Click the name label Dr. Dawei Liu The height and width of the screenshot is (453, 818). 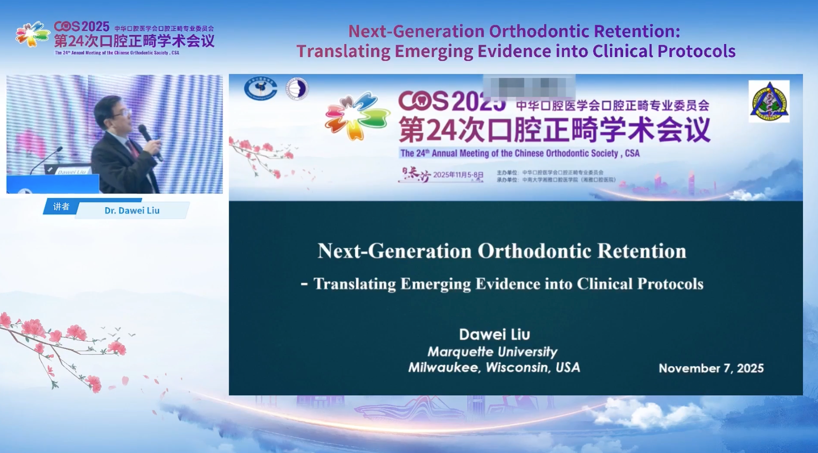tap(132, 211)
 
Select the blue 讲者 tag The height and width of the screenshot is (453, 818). tap(61, 207)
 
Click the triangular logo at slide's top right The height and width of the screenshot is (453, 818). tap(769, 101)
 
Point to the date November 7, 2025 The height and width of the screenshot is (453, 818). tap(711, 368)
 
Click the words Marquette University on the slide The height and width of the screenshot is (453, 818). tap(492, 352)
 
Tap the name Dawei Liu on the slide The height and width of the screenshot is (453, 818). tap(494, 334)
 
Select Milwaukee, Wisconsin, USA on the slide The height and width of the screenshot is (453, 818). tap(494, 368)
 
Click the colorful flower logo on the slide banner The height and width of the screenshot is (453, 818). tap(357, 116)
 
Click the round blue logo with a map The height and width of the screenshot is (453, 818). tap(260, 89)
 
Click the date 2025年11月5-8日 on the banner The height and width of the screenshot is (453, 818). tap(458, 175)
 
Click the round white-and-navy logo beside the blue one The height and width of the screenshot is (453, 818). tap(297, 89)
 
